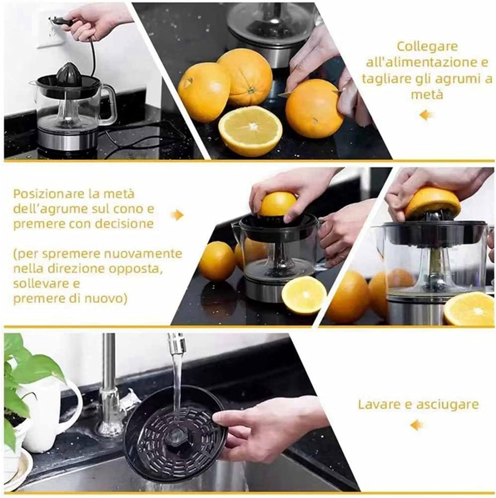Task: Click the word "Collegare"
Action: click(427, 47)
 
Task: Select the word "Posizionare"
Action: click(50, 194)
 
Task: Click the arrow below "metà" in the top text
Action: click(426, 115)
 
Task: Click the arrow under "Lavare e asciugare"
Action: click(417, 425)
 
